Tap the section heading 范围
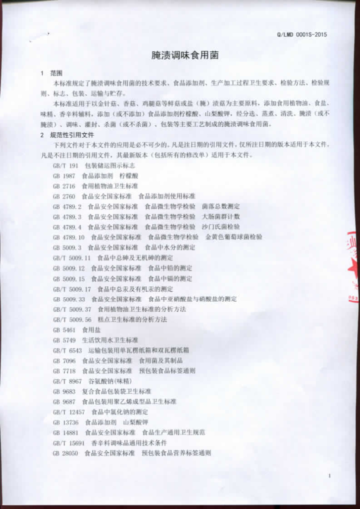click(x=56, y=73)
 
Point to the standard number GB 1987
click(x=64, y=176)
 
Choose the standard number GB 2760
click(x=64, y=196)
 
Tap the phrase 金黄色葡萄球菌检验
click(x=234, y=237)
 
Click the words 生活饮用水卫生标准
click(x=110, y=340)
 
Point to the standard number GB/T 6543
click(x=67, y=350)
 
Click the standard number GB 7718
click(x=64, y=371)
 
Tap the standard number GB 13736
click(x=66, y=422)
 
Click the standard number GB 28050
click(x=66, y=453)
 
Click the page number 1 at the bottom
click(x=329, y=476)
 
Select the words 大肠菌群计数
click(x=221, y=217)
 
